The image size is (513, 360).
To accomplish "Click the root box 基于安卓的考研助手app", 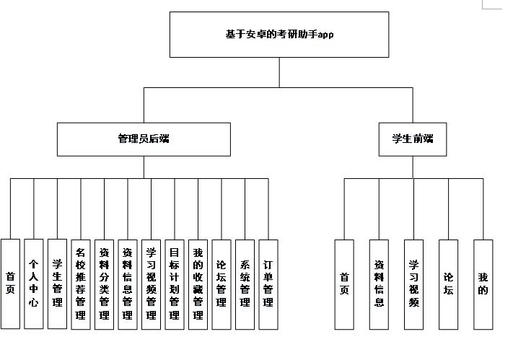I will [279, 34].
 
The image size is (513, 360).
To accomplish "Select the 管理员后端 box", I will [144, 139].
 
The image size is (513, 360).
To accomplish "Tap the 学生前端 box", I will [413, 139].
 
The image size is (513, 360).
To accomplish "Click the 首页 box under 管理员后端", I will [10, 284].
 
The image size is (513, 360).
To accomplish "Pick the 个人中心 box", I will [33, 284].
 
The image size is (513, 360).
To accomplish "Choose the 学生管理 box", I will [57, 284].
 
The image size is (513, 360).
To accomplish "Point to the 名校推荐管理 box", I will [81, 284].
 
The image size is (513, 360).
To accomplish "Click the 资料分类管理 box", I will [104, 284].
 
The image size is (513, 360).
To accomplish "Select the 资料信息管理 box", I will [128, 284].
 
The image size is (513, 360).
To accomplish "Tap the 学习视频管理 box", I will [151, 284].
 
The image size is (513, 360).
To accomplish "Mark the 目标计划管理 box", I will [175, 284].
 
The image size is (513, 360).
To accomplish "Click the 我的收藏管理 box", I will [198, 284].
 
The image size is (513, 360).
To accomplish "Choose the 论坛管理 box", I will [222, 284].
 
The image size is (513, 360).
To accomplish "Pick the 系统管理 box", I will [245, 284].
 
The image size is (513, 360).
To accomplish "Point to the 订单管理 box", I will [268, 284].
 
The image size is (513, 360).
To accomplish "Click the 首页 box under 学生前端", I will [344, 284].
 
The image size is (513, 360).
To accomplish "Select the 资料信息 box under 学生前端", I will [379, 284].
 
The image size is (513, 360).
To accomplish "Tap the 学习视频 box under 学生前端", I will [413, 284].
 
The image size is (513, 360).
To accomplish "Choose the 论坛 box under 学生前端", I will [449, 284].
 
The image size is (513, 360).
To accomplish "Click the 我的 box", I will [483, 284].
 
